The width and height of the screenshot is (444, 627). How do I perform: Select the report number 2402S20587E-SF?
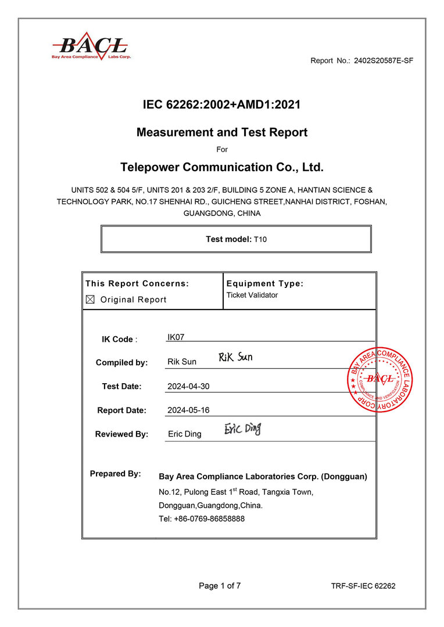click(x=383, y=60)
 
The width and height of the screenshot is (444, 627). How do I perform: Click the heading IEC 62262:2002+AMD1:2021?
click(x=221, y=105)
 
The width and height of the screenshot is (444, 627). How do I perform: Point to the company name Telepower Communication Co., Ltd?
click(x=221, y=168)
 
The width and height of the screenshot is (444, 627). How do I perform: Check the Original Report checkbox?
click(x=90, y=300)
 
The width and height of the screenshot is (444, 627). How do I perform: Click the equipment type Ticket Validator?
click(x=252, y=295)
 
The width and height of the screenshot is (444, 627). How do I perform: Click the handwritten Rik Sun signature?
click(x=235, y=357)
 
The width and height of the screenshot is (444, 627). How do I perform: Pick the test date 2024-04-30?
click(x=188, y=386)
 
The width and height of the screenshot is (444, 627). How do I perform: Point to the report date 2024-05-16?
click(x=188, y=410)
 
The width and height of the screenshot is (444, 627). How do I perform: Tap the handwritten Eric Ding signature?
click(x=243, y=429)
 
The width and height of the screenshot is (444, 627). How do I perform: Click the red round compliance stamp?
click(x=381, y=381)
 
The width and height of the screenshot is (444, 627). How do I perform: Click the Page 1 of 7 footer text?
click(x=220, y=586)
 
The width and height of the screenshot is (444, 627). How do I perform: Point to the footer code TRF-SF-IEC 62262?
click(x=363, y=586)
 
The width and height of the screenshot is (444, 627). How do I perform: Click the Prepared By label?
click(x=115, y=474)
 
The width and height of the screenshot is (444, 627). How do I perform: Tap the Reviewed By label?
click(x=121, y=434)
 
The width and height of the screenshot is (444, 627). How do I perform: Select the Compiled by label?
click(x=121, y=362)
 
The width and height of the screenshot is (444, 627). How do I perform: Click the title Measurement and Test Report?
click(x=221, y=132)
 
